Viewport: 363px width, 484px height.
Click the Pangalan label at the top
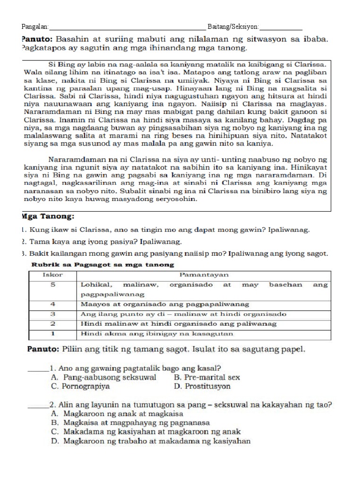[x=35, y=26]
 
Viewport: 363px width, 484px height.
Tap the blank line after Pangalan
[x=128, y=27]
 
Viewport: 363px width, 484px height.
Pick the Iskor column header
[x=52, y=274]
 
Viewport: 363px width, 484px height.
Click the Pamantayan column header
[x=204, y=274]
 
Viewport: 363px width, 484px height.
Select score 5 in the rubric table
[x=53, y=285]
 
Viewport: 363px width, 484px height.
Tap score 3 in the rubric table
[x=53, y=314]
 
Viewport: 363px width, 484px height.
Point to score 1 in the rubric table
[x=53, y=334]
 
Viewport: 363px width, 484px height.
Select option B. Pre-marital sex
[x=207, y=377]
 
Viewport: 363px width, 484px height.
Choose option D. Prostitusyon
[x=202, y=386]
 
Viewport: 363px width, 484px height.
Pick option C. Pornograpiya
[x=80, y=386]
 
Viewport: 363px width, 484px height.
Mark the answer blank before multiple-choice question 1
[x=38, y=369]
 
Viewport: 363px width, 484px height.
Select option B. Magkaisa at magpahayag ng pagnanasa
[x=130, y=423]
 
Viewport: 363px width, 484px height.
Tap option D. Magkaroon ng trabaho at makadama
[x=150, y=441]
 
